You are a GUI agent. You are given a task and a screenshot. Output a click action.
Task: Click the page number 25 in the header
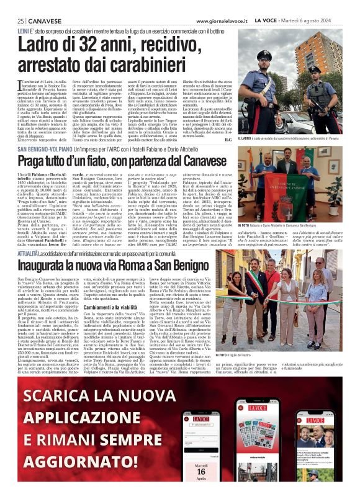pos(20,22)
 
